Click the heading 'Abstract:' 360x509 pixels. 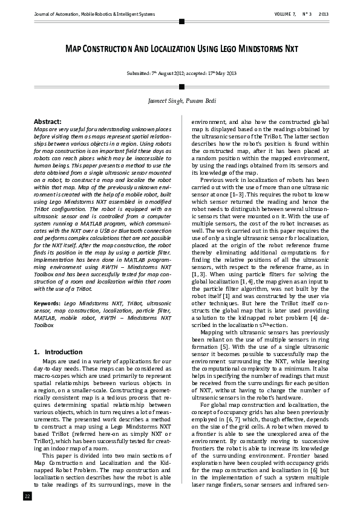[47, 122]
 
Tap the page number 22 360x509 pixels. [27, 496]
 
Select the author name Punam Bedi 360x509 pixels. [199, 100]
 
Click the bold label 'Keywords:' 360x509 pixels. [47, 302]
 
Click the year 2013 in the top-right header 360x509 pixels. [324, 13]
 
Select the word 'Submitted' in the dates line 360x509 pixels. [139, 73]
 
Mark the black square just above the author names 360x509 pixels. [181, 86]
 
